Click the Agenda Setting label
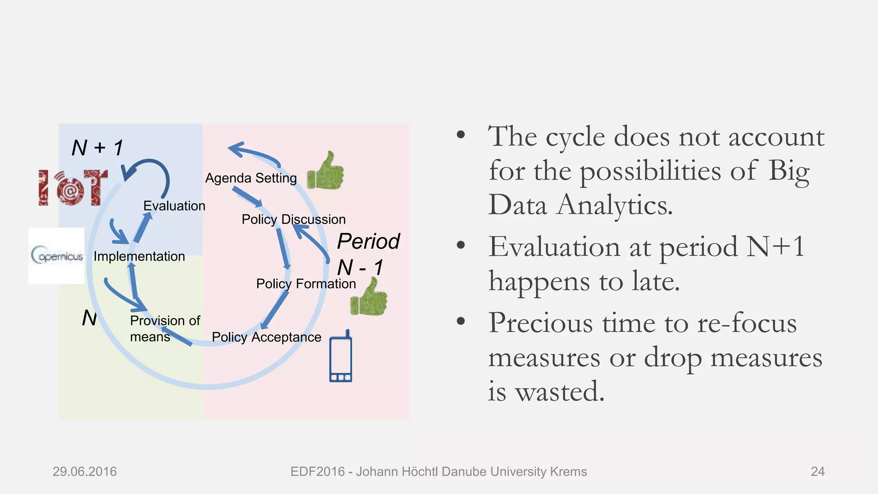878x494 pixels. (x=251, y=178)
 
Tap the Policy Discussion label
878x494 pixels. (x=293, y=219)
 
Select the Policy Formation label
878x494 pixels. (x=306, y=283)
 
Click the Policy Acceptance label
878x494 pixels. (x=266, y=337)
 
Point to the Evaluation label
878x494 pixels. (x=174, y=206)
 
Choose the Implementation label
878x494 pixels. (x=139, y=256)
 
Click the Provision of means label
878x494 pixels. (x=164, y=328)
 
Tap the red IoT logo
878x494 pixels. (x=73, y=187)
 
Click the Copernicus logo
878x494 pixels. (x=57, y=256)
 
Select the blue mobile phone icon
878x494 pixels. (x=341, y=357)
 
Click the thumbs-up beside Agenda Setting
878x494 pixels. (x=326, y=172)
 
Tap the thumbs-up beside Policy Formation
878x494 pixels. (x=369, y=298)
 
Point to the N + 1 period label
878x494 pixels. (x=97, y=148)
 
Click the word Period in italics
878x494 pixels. (x=368, y=241)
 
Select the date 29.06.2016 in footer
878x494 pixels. (x=84, y=472)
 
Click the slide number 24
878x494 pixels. (x=818, y=472)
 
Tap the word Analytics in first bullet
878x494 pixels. (x=614, y=205)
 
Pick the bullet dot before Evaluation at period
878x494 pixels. (x=461, y=245)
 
